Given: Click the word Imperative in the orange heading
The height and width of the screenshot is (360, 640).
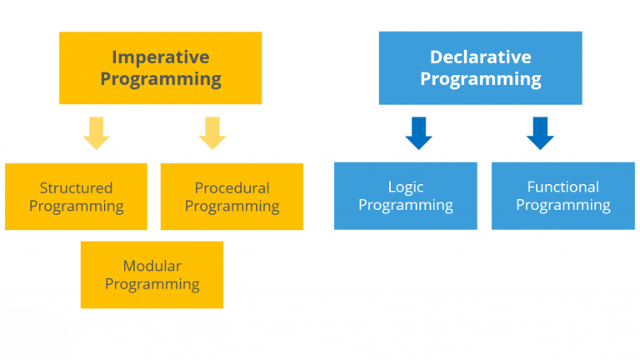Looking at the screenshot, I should point(160,57).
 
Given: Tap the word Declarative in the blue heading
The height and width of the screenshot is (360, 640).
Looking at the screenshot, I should point(480,57).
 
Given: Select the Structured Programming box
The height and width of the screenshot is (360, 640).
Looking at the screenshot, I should point(76,197).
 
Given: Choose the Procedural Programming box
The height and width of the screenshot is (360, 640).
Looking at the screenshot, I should point(232,197).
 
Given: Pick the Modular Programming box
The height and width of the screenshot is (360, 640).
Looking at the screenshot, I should point(152,275).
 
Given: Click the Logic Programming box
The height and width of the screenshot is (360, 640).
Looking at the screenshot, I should point(406,196).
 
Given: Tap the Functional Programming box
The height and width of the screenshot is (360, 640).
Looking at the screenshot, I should point(562,196).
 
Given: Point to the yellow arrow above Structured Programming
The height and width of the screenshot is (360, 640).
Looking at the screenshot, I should point(97,132).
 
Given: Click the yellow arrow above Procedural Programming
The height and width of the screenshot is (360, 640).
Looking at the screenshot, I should point(212,132).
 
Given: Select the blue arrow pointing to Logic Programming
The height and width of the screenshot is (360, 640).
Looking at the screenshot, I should point(418,132).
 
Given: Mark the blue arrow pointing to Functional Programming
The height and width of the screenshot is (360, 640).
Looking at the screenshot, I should point(540,132).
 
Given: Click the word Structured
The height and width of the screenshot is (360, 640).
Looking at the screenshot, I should point(76,187).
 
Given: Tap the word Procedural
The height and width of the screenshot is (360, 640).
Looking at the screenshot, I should point(232,187).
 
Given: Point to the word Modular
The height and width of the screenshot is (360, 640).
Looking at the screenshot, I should point(152,266).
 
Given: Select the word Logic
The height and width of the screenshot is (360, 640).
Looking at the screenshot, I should point(406,187).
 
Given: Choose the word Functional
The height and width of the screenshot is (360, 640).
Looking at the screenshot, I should point(562,187).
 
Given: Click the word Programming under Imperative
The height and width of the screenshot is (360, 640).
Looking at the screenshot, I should point(160,80).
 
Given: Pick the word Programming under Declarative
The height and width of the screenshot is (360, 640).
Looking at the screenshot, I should point(480,80).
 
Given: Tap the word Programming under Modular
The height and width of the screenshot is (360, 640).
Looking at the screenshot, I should point(152,284).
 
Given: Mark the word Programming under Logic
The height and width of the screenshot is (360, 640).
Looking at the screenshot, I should point(406,205).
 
